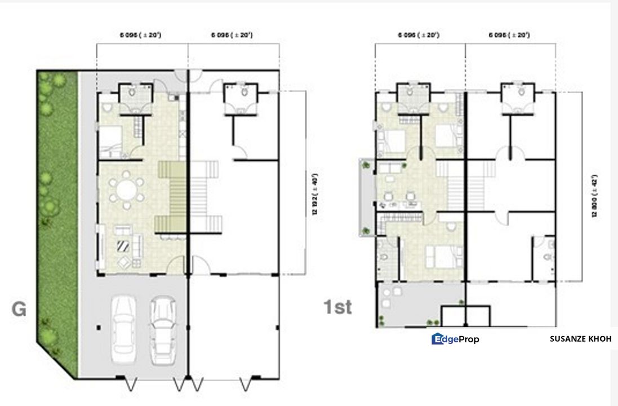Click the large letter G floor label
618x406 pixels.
point(19,309)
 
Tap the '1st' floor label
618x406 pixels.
point(337,307)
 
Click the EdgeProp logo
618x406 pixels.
point(455,339)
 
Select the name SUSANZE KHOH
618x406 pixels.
point(580,339)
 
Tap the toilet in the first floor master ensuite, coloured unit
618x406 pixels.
point(383,257)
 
